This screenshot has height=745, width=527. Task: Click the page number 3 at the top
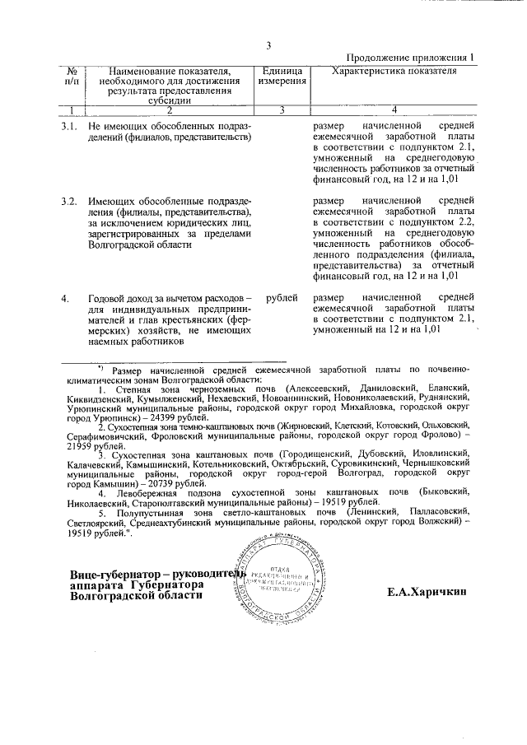(268, 44)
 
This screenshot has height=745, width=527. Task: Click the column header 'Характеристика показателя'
(393, 72)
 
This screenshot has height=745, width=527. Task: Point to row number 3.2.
(70, 201)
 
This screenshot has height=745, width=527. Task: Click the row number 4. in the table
(66, 297)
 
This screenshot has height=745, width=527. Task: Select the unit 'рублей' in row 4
(282, 297)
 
